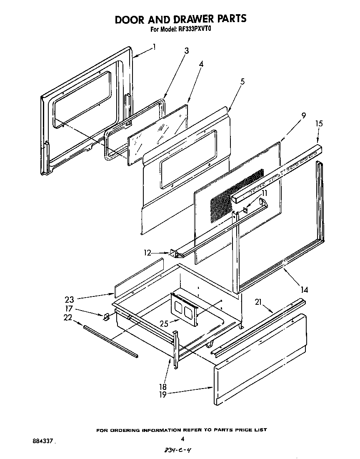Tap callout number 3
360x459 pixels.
click(186, 51)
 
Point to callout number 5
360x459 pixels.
click(242, 82)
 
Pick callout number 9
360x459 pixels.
click(303, 115)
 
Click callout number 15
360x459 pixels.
click(319, 124)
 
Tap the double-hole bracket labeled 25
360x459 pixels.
click(183, 309)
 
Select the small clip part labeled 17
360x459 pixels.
click(106, 317)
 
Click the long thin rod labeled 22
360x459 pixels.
click(110, 341)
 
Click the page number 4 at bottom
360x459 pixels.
click(182, 438)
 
